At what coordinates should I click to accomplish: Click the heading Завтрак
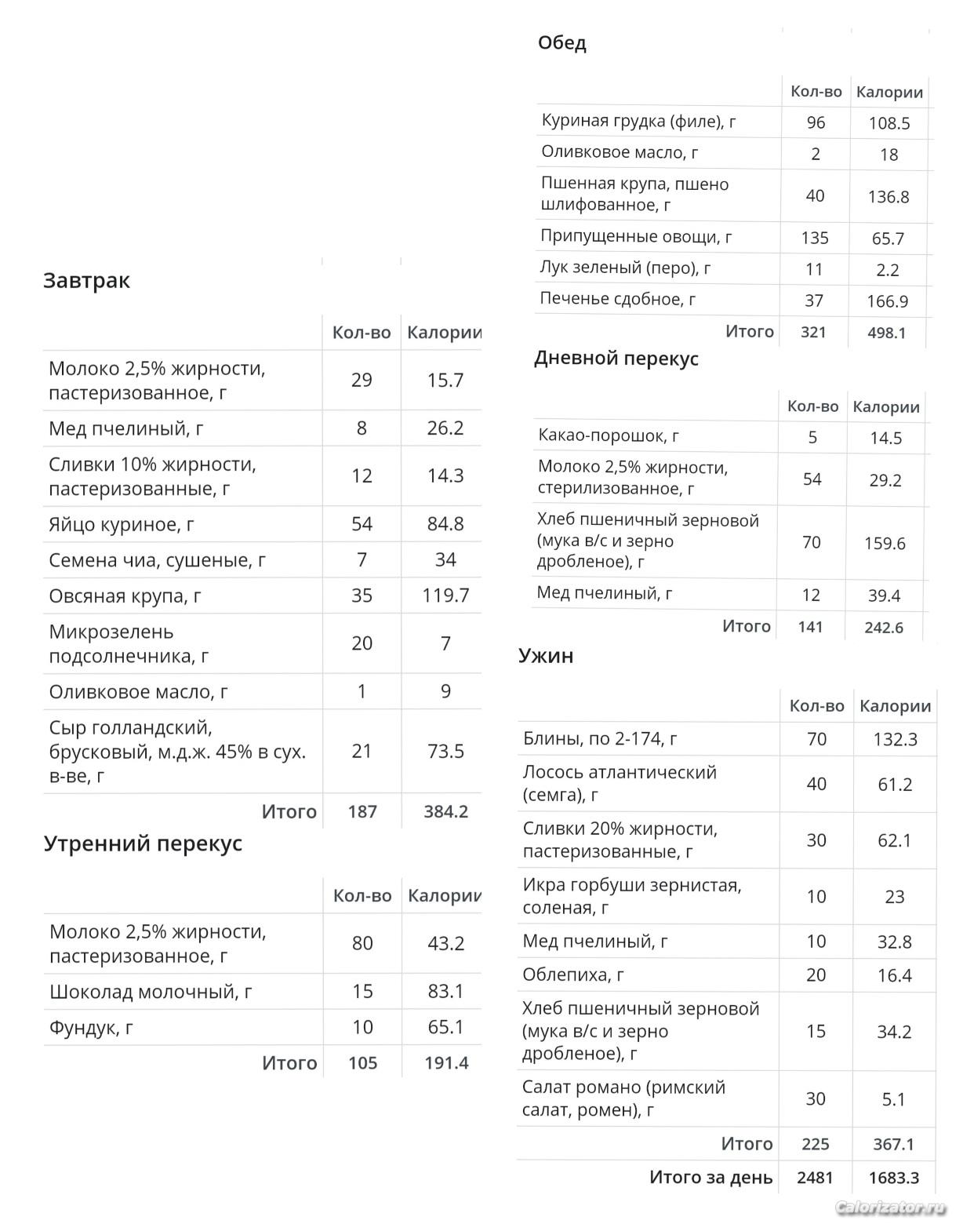click(86, 281)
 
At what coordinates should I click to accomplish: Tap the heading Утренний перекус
click(143, 843)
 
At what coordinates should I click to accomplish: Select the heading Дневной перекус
click(616, 359)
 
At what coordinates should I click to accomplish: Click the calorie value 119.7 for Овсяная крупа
click(445, 596)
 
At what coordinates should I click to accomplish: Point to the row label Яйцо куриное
click(122, 524)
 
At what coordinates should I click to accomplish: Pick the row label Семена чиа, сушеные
click(157, 560)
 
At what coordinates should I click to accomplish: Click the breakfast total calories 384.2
click(445, 811)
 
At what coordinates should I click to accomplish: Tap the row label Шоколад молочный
click(151, 992)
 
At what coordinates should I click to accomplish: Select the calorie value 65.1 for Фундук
click(445, 1027)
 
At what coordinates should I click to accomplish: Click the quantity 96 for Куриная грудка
click(816, 122)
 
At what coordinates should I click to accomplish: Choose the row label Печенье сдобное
click(617, 299)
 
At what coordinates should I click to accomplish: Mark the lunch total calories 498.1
click(886, 333)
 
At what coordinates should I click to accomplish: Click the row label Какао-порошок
click(609, 435)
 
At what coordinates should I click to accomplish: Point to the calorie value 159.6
click(885, 543)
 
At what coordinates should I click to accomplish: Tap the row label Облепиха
click(573, 974)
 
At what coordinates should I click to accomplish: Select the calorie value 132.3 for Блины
click(894, 739)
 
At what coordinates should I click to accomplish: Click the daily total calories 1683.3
click(893, 1178)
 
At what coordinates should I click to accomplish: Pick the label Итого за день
click(710, 1178)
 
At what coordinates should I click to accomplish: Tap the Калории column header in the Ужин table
click(895, 706)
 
